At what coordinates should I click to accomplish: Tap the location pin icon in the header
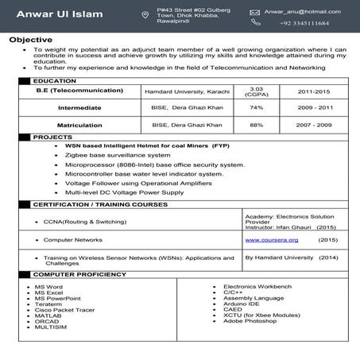tap(145, 14)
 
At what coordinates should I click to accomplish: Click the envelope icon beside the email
tap(254, 13)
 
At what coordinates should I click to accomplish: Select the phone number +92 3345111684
tap(304, 23)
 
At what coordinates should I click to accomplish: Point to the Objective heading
tap(31, 39)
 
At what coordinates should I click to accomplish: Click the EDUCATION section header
tap(55, 81)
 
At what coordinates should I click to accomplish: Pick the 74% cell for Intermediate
tap(256, 107)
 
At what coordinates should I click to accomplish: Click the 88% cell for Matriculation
tap(256, 125)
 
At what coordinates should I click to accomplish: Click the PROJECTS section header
tap(52, 137)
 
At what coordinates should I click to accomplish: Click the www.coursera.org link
tap(265, 239)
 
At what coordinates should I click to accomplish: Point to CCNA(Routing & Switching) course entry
tap(85, 221)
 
